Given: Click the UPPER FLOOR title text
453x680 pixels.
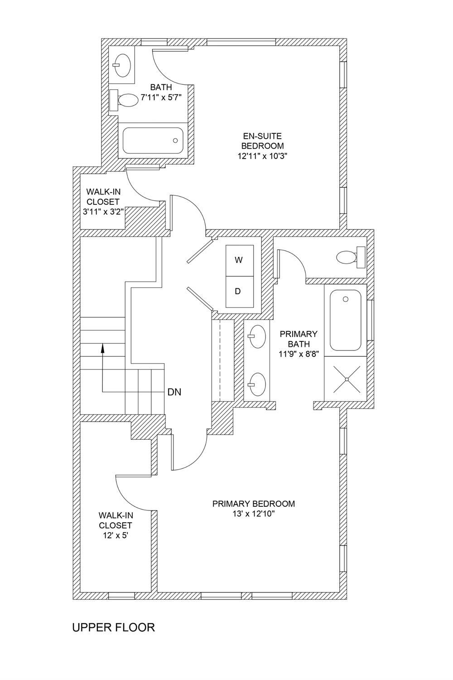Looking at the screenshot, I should tap(114, 627).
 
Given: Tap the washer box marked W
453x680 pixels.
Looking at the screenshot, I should tap(239, 260).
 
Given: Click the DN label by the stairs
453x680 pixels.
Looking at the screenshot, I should tap(174, 392).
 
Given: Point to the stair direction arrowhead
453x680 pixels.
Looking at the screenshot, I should tap(103, 348).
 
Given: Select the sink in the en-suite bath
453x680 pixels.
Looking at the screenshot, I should tap(121, 64).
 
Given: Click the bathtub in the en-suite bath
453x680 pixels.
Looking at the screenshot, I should tap(153, 141).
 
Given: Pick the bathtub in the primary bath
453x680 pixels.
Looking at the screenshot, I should tap(346, 320).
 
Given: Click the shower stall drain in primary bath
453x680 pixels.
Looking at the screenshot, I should tap(347, 379).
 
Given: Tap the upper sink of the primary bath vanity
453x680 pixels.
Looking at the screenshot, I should tap(256, 336).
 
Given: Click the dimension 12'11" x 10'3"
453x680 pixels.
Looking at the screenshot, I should tap(262, 156).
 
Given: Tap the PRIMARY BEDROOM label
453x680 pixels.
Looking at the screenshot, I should tap(253, 504).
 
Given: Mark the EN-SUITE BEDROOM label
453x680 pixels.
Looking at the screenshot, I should tap(262, 141).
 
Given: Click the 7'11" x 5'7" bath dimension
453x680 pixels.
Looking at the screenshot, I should tap(161, 97).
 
